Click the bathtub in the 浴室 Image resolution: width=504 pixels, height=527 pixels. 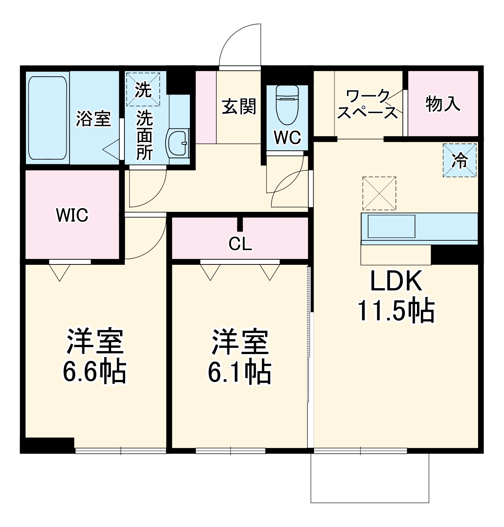(x=47, y=118)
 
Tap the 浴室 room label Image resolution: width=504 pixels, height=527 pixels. (x=93, y=119)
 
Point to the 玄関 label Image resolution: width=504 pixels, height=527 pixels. (x=239, y=107)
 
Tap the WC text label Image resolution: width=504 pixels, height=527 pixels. (x=287, y=138)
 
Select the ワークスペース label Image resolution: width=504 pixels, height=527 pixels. (x=368, y=105)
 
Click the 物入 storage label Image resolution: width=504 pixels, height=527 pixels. (x=443, y=104)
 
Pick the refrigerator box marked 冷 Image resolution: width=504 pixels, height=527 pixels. (x=460, y=160)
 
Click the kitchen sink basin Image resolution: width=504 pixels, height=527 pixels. (x=391, y=226)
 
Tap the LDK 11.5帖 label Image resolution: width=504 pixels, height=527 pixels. (x=396, y=296)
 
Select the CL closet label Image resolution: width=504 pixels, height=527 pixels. (x=240, y=244)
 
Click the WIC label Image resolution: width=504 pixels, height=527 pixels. (x=72, y=215)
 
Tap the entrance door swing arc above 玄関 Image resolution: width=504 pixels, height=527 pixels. (x=240, y=46)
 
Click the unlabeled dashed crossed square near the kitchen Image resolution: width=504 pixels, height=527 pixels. (x=379, y=193)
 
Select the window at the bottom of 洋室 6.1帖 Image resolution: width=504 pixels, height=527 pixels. (x=230, y=451)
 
